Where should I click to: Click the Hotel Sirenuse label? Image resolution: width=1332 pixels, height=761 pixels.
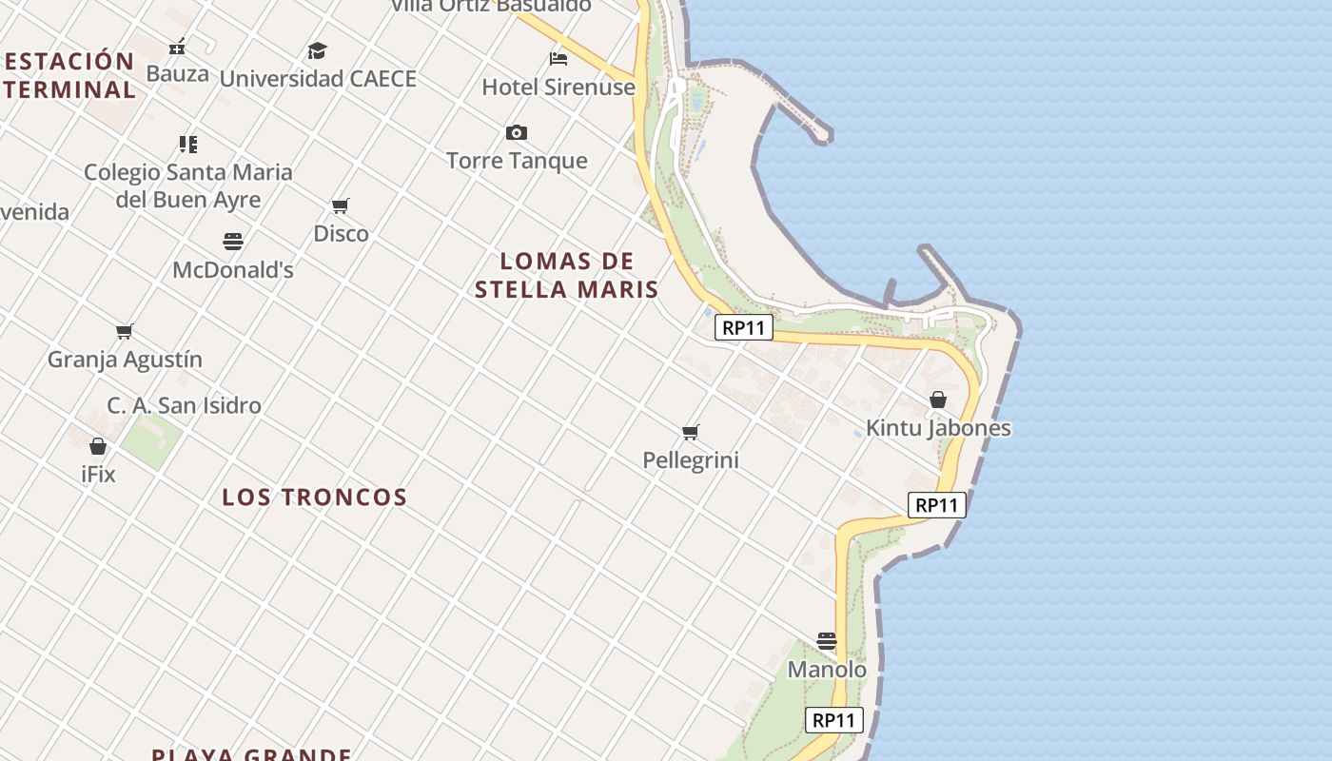(x=558, y=88)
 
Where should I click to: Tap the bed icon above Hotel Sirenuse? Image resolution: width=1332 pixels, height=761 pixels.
(x=558, y=59)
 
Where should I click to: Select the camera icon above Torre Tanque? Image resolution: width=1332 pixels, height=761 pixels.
(x=517, y=132)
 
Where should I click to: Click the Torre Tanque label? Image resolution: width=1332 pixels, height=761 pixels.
(x=517, y=161)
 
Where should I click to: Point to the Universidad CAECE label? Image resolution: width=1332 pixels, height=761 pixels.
(x=318, y=79)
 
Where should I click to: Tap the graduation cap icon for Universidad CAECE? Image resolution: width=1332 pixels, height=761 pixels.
(x=317, y=50)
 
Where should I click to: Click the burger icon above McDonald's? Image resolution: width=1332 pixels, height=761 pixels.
(x=233, y=241)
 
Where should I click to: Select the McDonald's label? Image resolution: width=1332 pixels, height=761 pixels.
(x=233, y=270)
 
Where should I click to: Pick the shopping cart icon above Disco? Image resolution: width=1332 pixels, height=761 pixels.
(x=341, y=205)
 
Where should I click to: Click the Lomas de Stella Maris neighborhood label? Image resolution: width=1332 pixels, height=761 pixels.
(x=567, y=275)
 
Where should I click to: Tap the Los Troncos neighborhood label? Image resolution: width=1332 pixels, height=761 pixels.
(x=314, y=497)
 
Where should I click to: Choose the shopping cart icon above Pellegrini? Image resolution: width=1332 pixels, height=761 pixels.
(x=691, y=433)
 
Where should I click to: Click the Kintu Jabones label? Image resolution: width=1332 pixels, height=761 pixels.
(x=938, y=428)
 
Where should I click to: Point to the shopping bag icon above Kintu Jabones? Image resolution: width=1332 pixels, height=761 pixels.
(x=938, y=400)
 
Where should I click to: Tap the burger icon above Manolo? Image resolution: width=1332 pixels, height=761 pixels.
(x=827, y=641)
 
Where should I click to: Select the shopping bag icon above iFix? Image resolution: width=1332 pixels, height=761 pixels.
(x=98, y=445)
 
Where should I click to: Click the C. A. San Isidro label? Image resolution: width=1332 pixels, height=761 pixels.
(x=184, y=405)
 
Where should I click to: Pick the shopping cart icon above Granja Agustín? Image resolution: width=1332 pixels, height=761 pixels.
(x=125, y=331)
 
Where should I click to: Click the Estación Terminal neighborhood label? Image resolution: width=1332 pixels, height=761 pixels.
(x=69, y=75)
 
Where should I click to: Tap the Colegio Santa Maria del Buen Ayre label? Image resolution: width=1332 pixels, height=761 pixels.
(x=188, y=186)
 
